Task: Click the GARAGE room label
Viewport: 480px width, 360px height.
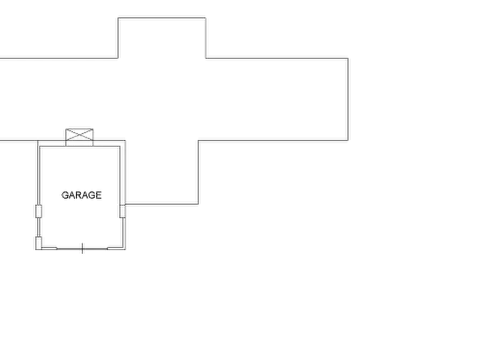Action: click(81, 195)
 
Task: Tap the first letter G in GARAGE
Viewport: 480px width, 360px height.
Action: click(65, 195)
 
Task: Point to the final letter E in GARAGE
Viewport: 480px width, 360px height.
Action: click(98, 195)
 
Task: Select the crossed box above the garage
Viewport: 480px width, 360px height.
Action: click(80, 137)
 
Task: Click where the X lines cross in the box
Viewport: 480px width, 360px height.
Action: click(80, 135)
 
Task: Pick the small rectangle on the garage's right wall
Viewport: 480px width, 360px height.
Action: click(123, 211)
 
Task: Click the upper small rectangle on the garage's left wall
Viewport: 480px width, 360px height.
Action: click(39, 211)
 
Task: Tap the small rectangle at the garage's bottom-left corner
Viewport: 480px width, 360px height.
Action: click(39, 243)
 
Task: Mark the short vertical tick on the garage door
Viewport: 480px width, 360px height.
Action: click(82, 248)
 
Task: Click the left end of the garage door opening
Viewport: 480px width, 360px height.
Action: click(57, 249)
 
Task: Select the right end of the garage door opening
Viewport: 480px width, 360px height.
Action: click(108, 249)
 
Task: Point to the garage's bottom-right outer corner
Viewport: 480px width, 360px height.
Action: click(126, 249)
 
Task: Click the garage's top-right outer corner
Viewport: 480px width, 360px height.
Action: click(126, 141)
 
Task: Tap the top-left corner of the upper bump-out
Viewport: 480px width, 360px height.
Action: click(118, 18)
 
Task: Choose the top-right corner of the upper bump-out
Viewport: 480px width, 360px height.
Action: click(205, 18)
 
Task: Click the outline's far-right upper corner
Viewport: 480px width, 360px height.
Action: click(348, 58)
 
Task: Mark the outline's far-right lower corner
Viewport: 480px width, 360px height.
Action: click(348, 141)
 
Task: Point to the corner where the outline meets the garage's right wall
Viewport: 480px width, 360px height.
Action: click(126, 204)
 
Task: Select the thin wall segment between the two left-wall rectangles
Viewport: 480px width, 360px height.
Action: click(39, 227)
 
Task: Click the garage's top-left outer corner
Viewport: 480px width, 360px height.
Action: click(38, 141)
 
